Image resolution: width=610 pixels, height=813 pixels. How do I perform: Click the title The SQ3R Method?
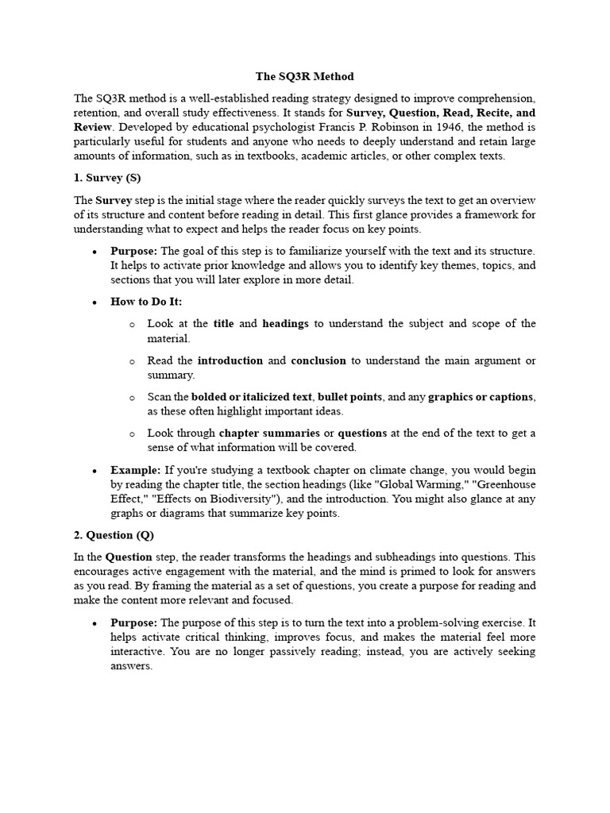click(x=305, y=76)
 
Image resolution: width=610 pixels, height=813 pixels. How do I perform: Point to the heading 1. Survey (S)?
click(x=107, y=178)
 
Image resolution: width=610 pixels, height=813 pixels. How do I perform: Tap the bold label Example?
click(x=135, y=471)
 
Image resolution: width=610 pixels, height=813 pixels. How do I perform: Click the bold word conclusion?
click(x=319, y=360)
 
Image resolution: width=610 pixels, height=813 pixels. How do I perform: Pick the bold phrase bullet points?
click(x=349, y=397)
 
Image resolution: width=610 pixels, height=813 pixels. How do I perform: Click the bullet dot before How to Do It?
click(x=95, y=302)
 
